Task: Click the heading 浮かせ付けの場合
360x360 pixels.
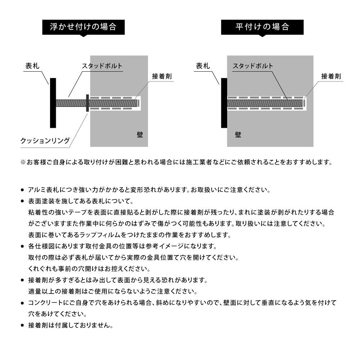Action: point(83,27)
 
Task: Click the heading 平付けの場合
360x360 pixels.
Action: point(262,27)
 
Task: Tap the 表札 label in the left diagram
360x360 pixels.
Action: point(32,66)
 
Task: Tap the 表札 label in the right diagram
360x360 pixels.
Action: point(203,66)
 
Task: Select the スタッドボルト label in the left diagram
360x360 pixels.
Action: point(102,66)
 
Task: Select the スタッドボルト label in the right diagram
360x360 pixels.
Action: point(253,66)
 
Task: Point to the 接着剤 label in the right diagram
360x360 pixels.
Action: point(331,76)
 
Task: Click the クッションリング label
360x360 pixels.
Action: point(45,141)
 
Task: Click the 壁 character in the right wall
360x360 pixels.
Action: point(238,135)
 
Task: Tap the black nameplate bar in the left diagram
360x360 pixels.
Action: point(53,103)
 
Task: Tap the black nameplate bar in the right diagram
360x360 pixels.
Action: point(224,103)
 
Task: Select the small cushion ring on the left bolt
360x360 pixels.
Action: point(87,103)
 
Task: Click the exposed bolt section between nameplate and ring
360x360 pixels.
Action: point(71,103)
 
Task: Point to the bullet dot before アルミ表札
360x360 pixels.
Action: point(22,190)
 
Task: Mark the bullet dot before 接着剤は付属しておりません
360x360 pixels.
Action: point(22,325)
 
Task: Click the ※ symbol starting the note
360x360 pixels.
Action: point(23,162)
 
